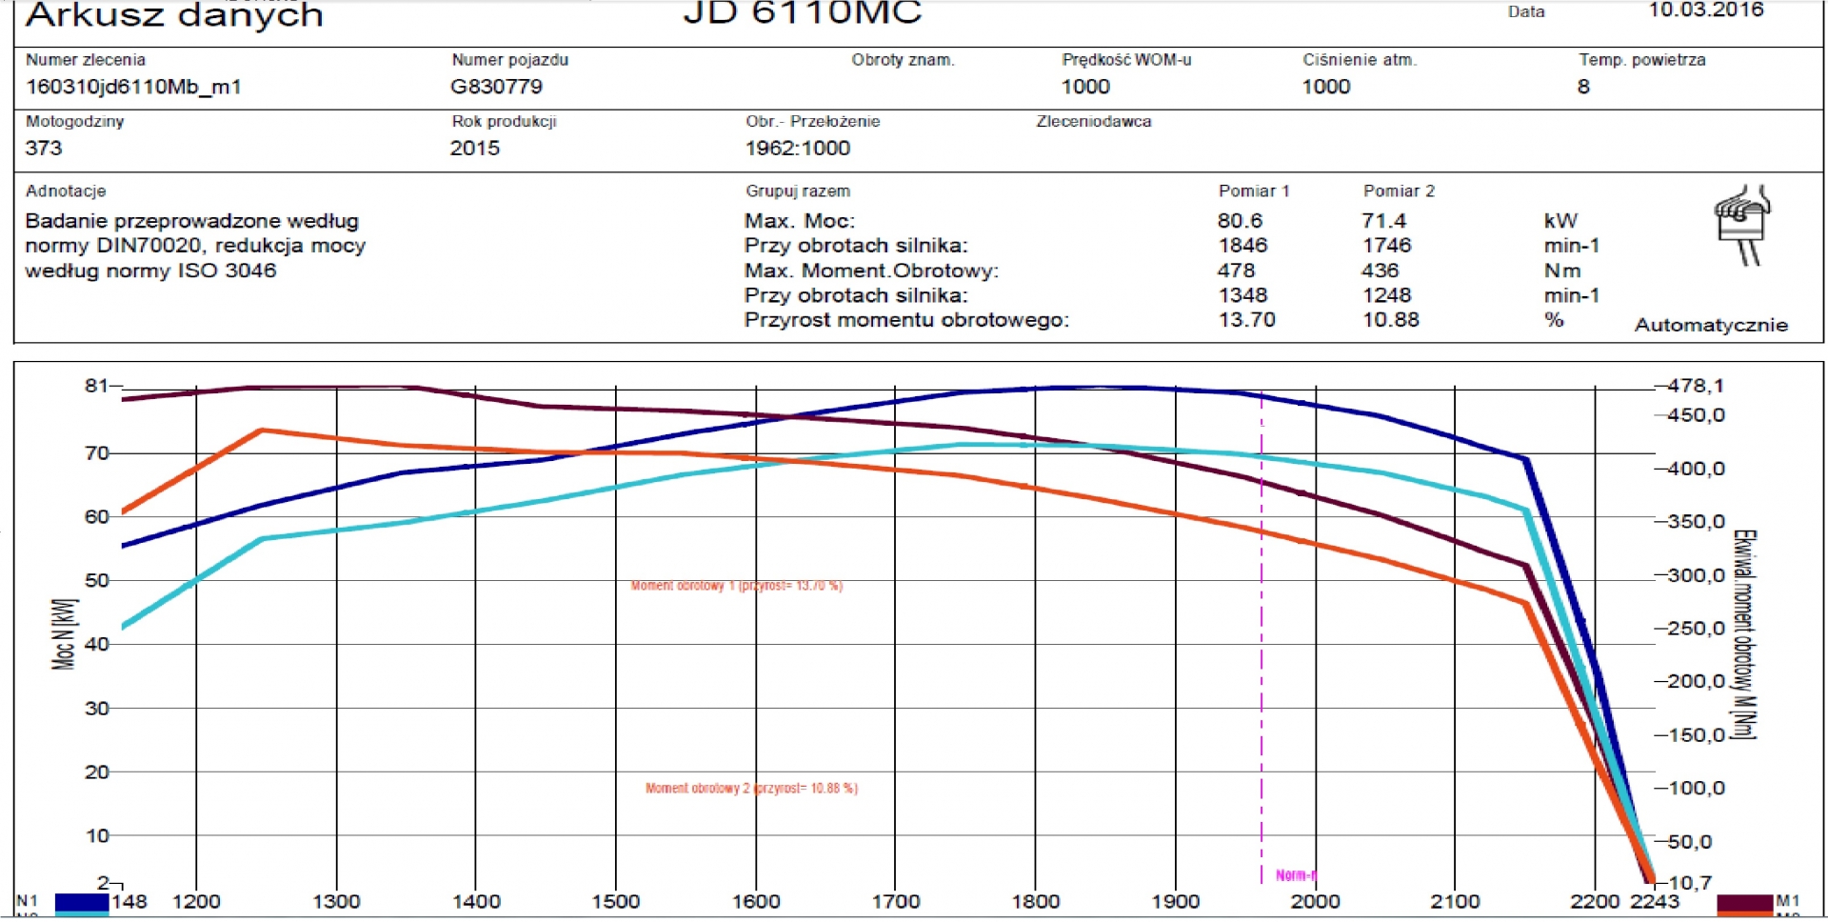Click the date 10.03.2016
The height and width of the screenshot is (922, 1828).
click(1706, 10)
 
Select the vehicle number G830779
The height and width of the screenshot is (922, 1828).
click(496, 87)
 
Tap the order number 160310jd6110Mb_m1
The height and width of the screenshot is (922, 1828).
click(133, 87)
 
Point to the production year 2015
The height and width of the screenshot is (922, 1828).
click(474, 149)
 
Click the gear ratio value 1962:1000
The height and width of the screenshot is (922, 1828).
click(797, 149)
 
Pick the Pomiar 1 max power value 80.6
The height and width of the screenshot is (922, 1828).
click(1240, 221)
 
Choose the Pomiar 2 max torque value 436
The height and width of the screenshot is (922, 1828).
click(1380, 271)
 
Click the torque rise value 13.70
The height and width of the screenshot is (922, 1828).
click(1246, 320)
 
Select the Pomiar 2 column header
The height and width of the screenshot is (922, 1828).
click(1398, 191)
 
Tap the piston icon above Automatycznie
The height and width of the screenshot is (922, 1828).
click(1741, 225)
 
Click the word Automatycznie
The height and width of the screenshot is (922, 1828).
click(1711, 325)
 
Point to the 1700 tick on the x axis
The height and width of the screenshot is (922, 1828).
click(896, 901)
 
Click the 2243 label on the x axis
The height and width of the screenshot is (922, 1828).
click(1654, 901)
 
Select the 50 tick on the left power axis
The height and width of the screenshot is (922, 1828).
click(97, 580)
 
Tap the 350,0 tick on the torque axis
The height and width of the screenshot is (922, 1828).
click(1696, 522)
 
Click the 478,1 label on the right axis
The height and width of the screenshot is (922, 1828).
click(1696, 386)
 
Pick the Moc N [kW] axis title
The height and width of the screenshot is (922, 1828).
click(64, 633)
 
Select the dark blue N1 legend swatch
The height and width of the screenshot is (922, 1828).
click(81, 901)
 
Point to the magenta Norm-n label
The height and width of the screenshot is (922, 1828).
click(1295, 875)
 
